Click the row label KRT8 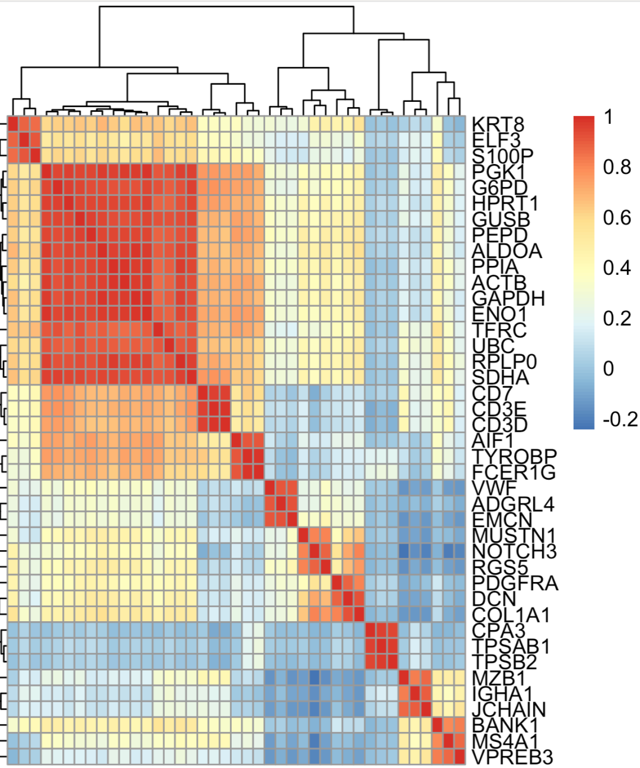[x=498, y=125]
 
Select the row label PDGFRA [x=515, y=583]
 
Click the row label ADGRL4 [x=513, y=504]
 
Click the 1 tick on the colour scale [x=609, y=117]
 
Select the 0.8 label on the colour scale [x=617, y=168]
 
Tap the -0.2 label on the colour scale [x=620, y=419]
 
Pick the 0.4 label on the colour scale [x=617, y=268]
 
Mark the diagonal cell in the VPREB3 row [x=459, y=756]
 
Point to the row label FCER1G [x=514, y=473]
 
